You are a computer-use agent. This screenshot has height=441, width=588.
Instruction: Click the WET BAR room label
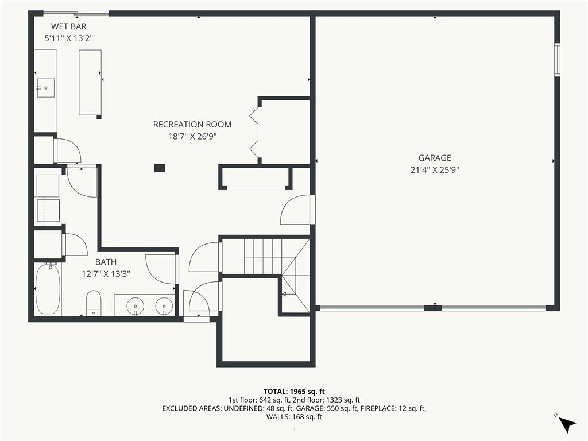tap(69, 26)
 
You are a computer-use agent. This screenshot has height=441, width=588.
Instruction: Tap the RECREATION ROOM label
tap(192, 125)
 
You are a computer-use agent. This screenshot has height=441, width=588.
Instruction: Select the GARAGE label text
tap(435, 158)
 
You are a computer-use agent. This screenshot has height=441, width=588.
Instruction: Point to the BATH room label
tap(106, 262)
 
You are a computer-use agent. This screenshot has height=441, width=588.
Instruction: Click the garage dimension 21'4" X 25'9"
tap(435, 170)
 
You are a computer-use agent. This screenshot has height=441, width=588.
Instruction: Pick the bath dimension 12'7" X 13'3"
tap(106, 274)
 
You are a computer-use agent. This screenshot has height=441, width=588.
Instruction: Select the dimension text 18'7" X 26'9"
tap(192, 137)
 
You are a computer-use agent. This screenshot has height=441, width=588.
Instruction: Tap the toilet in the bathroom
tap(94, 303)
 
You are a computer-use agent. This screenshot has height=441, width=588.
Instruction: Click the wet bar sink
tap(45, 88)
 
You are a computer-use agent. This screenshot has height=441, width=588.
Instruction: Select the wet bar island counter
tap(90, 83)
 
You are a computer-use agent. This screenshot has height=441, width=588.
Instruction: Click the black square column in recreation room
tap(160, 168)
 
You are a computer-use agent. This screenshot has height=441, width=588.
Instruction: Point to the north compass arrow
tap(567, 424)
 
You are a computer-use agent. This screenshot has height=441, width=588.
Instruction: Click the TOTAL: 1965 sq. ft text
tap(294, 392)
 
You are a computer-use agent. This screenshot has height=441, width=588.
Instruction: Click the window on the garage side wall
tap(557, 60)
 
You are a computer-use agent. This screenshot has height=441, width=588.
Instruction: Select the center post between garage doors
tap(433, 308)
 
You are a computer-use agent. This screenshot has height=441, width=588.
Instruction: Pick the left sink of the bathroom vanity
tap(135, 305)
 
